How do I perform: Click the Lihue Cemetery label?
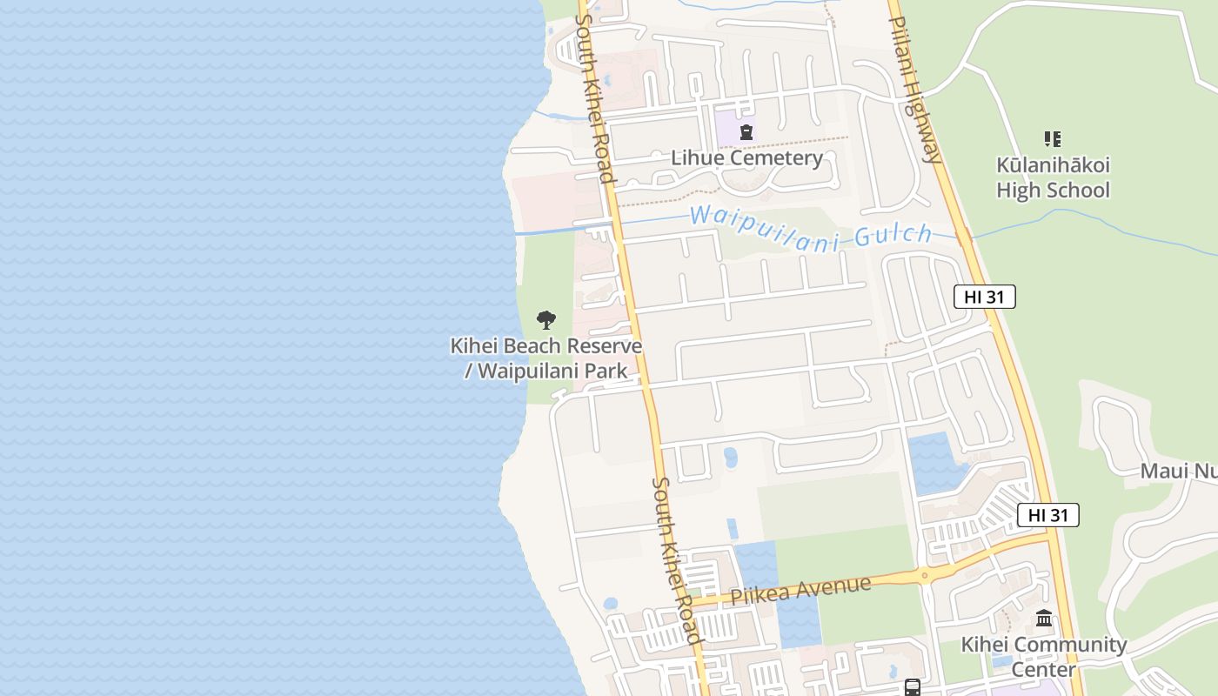(x=746, y=157)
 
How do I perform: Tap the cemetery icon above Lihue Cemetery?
(x=746, y=132)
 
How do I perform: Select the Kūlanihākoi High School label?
(x=1053, y=177)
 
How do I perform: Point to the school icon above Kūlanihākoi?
(x=1053, y=138)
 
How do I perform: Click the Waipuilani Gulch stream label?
(x=810, y=227)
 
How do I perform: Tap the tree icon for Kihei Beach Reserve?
(x=545, y=319)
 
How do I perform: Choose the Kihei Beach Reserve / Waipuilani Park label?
(x=545, y=358)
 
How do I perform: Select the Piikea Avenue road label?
(x=800, y=591)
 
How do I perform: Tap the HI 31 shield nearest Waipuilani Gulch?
(x=984, y=297)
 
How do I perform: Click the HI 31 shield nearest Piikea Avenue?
(x=1047, y=515)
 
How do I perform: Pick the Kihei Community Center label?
(x=1043, y=657)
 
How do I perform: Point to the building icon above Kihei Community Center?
(x=1044, y=619)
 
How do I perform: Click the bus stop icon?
(x=912, y=687)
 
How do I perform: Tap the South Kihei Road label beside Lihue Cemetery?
(x=595, y=97)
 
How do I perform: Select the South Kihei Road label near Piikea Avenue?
(x=676, y=561)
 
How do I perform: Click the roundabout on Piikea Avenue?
(x=924, y=575)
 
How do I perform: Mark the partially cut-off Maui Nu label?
(x=1178, y=471)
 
